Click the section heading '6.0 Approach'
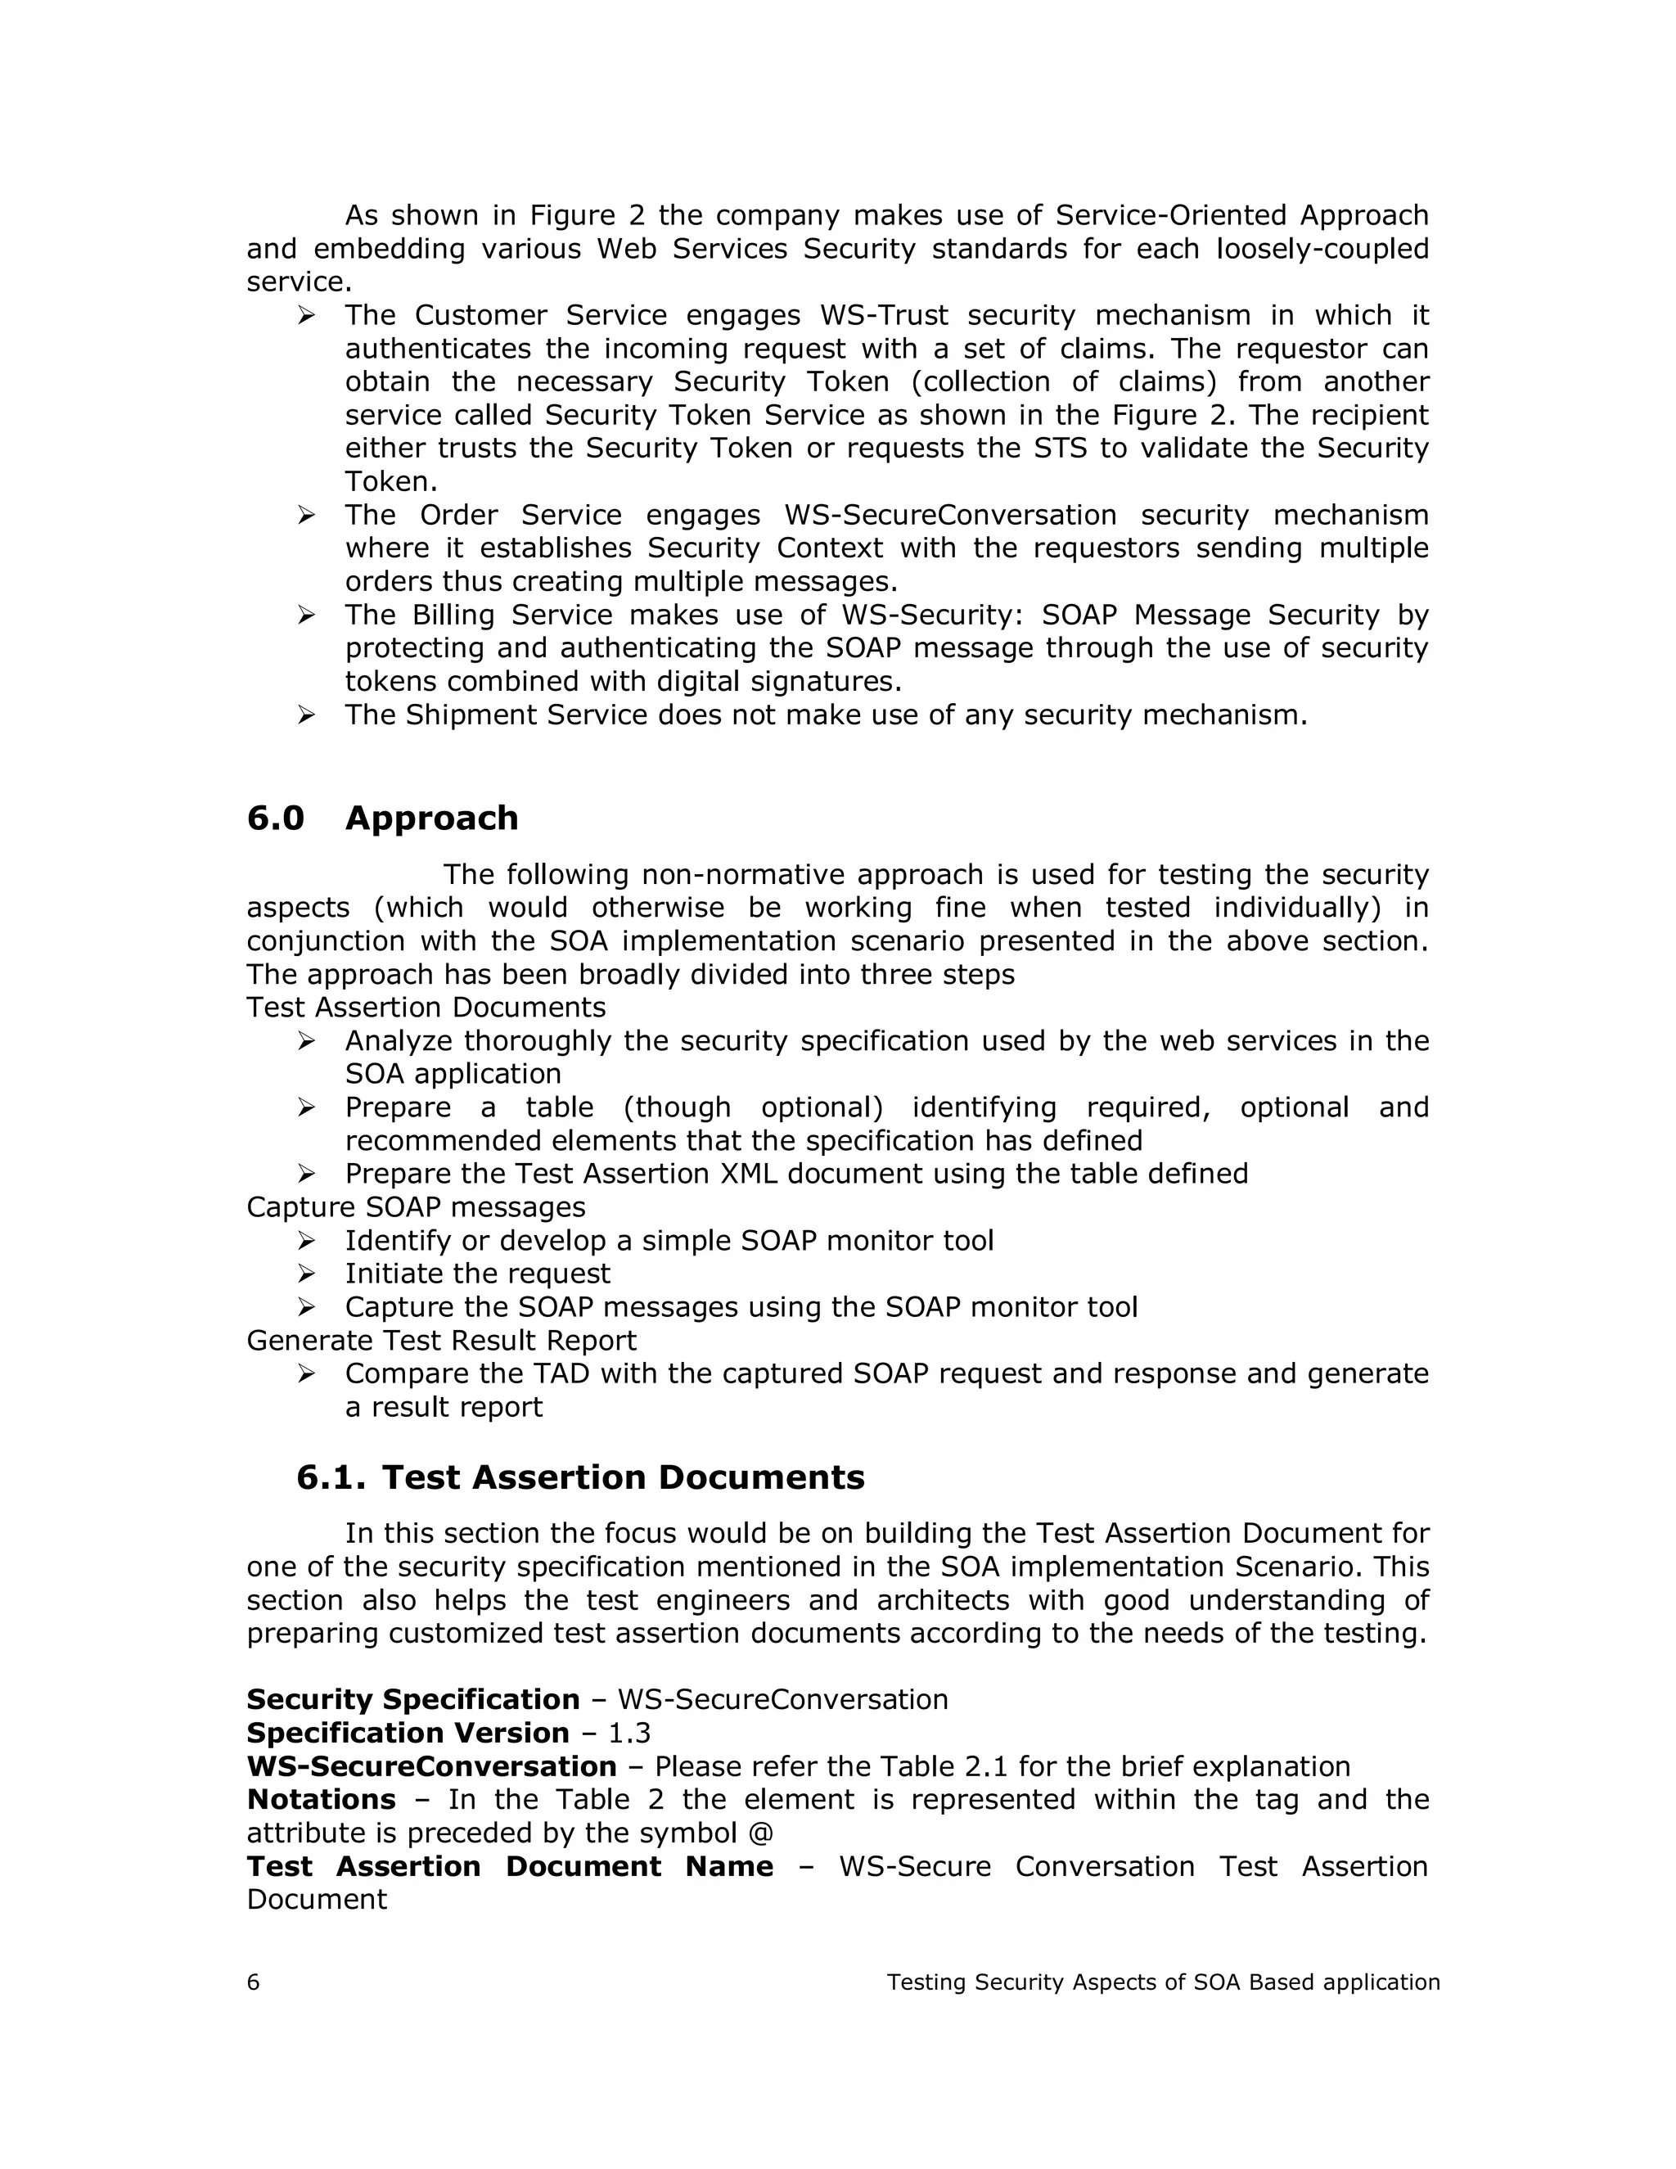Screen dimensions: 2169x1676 coord(382,818)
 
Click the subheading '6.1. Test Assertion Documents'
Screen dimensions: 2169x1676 coord(580,1477)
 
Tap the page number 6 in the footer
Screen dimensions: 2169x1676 coord(253,1982)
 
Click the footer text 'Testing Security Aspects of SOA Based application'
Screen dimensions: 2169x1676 coord(1163,1982)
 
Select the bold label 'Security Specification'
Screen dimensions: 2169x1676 coord(413,1699)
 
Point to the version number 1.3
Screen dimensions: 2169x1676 coord(629,1733)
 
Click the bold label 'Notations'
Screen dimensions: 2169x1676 coord(321,1800)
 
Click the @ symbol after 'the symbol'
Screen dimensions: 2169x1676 coord(763,1833)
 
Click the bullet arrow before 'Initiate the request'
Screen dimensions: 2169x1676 coord(306,1274)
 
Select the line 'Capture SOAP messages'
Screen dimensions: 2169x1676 coord(416,1206)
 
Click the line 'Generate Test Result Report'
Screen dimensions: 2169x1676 coord(441,1340)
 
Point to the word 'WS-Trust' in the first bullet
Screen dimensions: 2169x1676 coord(884,316)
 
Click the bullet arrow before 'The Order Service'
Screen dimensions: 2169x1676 coord(306,516)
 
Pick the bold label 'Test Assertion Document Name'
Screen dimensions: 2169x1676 coord(509,1866)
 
